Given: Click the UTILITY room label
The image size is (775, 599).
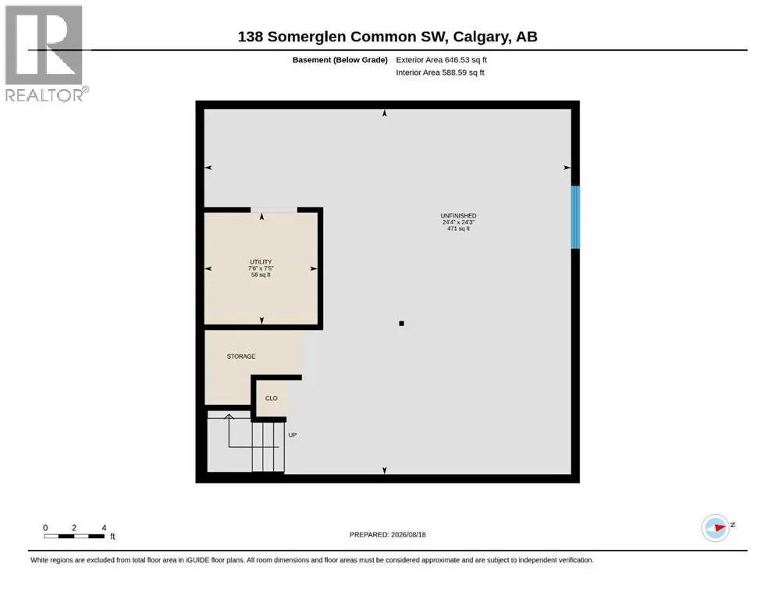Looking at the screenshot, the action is point(261,262).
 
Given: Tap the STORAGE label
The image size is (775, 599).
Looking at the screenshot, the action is point(241,356).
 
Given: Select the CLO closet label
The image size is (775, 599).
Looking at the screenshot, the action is point(272,398).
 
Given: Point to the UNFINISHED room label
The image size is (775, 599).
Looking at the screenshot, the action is point(458,216).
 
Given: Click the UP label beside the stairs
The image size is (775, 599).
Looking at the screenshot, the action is point(293,435).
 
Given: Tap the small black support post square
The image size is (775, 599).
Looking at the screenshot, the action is point(401,324).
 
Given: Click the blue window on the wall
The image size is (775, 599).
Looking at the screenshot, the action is point(575,217).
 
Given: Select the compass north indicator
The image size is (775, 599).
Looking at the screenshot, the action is point(716,528).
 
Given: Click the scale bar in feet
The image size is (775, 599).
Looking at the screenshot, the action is point(74,536).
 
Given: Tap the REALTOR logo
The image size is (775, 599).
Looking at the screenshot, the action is point(44,53).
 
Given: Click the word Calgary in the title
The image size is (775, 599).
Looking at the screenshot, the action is point(480,37).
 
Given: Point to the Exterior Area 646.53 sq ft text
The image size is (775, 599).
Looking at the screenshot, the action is point(442,60).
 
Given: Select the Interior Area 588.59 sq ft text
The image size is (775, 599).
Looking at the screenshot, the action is point(440,73).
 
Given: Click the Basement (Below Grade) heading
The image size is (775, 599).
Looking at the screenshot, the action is point(340,60).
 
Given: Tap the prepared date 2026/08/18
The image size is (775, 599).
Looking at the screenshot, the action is point(408,534).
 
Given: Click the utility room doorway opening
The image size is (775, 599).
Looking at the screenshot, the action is point(274,210).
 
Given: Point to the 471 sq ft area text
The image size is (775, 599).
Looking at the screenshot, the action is point(458,229).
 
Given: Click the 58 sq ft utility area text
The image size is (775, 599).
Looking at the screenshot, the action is point(261,275).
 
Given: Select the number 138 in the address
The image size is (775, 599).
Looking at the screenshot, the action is point(250,37).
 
